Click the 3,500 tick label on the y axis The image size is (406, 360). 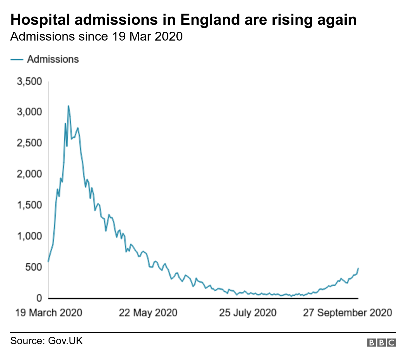(29, 81)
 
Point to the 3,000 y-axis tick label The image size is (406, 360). (29, 112)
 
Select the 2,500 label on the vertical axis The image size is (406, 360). (29, 143)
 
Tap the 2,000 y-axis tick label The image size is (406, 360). (29, 174)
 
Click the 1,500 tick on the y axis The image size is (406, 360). (29, 205)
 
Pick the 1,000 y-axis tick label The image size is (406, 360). (29, 236)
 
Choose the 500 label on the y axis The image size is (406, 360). (34, 267)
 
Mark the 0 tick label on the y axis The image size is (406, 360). (39, 298)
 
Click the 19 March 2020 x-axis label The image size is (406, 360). (49, 313)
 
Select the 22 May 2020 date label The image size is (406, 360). (148, 313)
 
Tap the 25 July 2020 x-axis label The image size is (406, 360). (248, 313)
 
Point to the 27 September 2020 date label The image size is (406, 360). (347, 313)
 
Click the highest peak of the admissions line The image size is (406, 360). (68, 106)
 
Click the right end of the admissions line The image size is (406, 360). (358, 268)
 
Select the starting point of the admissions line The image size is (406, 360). (48, 261)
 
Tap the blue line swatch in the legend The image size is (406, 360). (17, 59)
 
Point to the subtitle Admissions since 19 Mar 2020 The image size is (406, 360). (96, 36)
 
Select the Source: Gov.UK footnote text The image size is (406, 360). (46, 341)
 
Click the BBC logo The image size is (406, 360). (381, 343)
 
